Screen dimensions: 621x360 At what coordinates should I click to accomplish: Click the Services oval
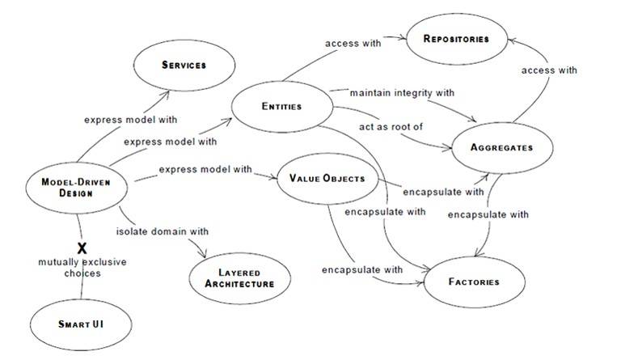click(x=184, y=66)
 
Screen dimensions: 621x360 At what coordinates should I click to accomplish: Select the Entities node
click(x=281, y=107)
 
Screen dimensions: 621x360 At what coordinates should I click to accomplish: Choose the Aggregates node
click(x=501, y=148)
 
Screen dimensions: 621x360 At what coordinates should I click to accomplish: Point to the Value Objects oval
click(x=327, y=177)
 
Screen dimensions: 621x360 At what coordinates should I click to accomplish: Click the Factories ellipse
click(x=473, y=282)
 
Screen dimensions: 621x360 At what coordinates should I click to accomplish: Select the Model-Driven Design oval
click(x=78, y=187)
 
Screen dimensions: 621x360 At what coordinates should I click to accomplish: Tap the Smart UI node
click(x=82, y=324)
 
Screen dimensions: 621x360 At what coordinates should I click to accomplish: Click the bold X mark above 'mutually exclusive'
click(x=82, y=248)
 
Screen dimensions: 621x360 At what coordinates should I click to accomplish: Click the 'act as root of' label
click(x=391, y=128)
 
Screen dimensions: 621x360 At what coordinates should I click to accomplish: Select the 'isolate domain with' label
click(x=163, y=231)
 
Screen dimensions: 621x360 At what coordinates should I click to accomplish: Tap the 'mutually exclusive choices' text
click(x=82, y=268)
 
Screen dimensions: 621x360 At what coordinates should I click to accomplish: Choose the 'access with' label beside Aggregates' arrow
click(x=550, y=70)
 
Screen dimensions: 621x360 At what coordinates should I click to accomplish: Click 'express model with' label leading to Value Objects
click(x=205, y=169)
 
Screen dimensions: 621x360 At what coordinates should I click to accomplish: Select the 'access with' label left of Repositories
click(x=353, y=43)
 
